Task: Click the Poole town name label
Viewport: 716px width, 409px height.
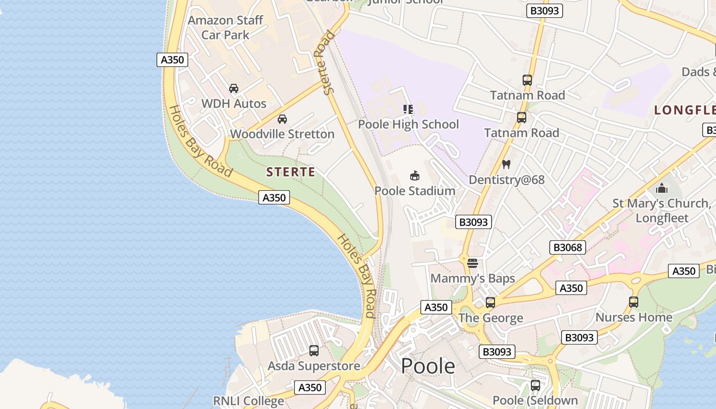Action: [428, 366]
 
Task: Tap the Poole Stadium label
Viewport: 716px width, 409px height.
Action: [415, 191]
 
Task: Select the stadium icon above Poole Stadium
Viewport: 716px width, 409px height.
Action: [415, 176]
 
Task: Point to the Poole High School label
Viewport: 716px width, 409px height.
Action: [408, 124]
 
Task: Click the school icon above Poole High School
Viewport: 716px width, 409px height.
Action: [408, 109]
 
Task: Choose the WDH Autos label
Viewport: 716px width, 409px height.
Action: [234, 103]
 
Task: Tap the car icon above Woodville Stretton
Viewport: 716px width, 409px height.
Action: [282, 119]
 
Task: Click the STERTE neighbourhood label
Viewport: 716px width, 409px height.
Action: [290, 172]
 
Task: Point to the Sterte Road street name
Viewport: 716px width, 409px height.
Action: [325, 62]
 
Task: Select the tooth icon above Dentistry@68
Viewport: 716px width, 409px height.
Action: [506, 165]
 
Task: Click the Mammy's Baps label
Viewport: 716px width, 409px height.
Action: [473, 279]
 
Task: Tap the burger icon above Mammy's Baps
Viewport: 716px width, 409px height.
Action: [472, 263]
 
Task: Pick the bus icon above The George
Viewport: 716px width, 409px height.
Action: [490, 303]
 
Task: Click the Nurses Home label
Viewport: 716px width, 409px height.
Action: [634, 317]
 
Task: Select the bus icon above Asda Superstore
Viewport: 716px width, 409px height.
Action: [314, 351]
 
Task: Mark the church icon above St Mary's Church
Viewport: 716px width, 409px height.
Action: [661, 188]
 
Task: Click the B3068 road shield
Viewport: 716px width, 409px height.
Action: [567, 247]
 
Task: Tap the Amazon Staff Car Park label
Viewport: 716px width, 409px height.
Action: [225, 28]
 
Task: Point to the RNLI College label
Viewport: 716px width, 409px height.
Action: [249, 401]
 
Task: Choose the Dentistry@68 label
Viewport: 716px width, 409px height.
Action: [506, 180]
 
